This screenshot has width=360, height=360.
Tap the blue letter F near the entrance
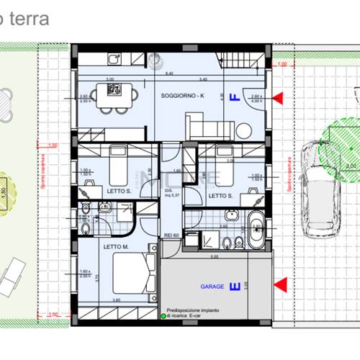tap(233, 98)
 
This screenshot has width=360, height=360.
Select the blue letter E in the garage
tap(233, 287)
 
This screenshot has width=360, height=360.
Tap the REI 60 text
tap(172, 235)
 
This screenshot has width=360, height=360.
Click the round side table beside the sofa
tap(245, 128)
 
